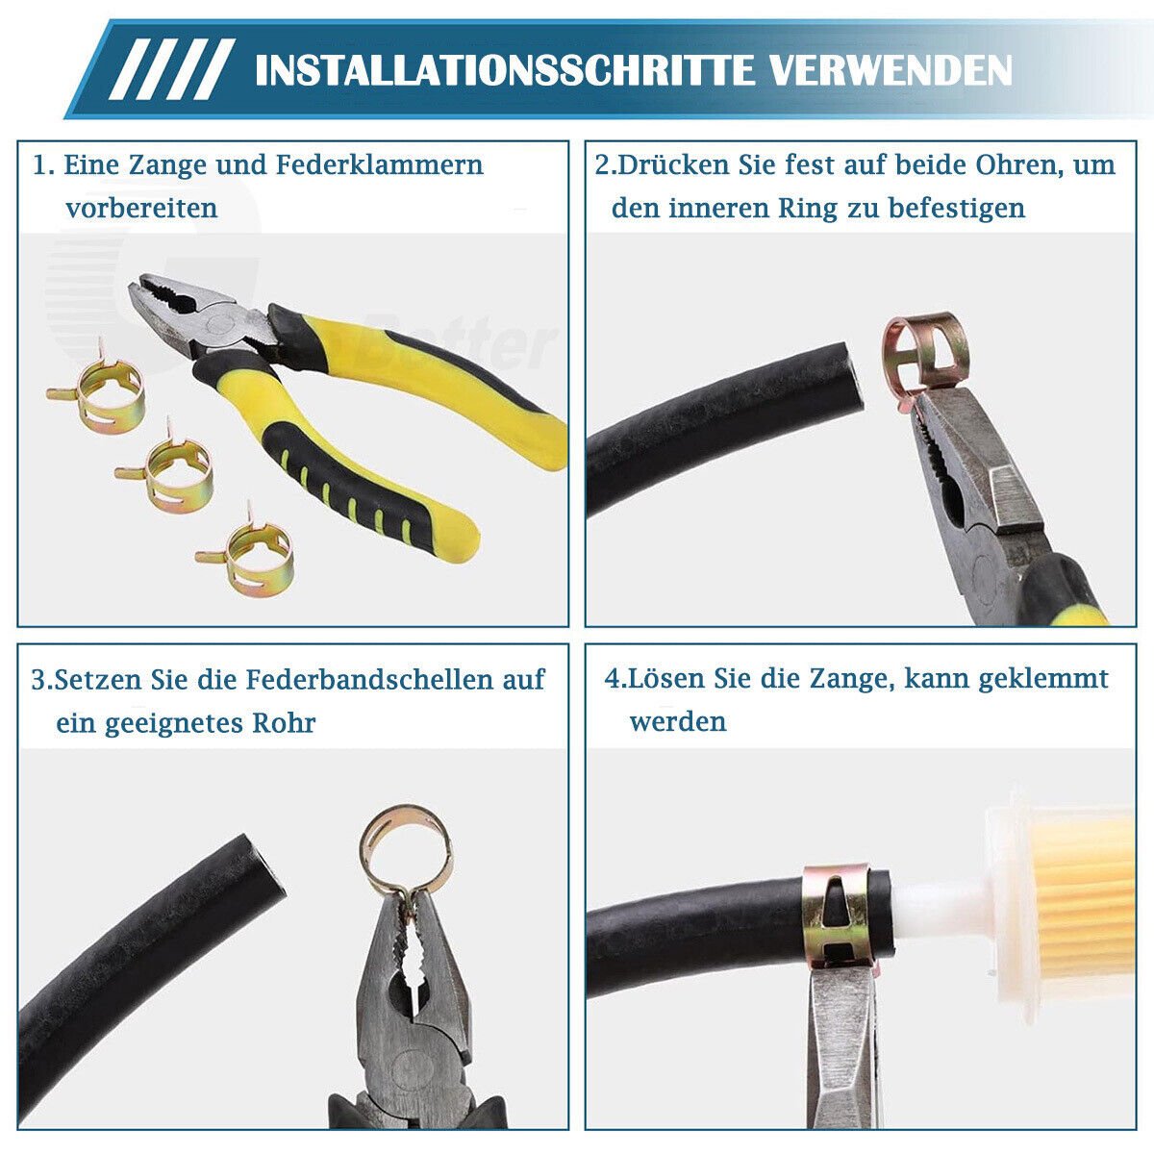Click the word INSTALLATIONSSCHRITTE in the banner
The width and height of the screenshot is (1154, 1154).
[504, 70]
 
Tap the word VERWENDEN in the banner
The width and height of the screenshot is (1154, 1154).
[891, 70]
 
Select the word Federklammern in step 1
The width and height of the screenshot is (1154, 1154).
[379, 164]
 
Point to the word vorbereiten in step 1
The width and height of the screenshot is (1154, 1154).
[142, 208]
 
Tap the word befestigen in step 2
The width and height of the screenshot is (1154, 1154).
[956, 208]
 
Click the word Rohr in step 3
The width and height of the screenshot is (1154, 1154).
[284, 722]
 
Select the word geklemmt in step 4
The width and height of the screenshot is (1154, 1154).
[1042, 679]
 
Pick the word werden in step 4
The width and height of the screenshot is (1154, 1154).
[678, 721]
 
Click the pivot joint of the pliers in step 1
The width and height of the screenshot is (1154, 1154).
[218, 323]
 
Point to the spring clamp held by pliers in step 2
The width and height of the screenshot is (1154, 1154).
[924, 349]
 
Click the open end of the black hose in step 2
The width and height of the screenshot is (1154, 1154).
[852, 378]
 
